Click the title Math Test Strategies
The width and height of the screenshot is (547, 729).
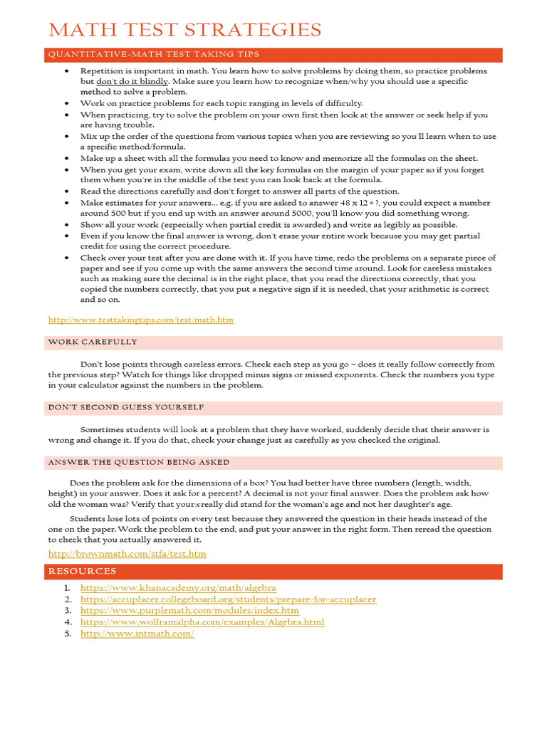184,30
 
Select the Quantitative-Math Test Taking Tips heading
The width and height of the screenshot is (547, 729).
154,54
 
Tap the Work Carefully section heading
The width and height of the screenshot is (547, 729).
93,342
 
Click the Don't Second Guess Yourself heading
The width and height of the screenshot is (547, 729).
126,407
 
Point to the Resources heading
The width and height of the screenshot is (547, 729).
83,571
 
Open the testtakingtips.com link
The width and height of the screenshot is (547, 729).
140,320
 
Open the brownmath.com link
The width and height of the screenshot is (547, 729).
127,553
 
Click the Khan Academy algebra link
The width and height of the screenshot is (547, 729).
178,588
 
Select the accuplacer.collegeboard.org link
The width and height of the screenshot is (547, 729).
228,599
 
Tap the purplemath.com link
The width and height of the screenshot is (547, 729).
189,611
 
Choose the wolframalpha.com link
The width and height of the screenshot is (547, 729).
202,622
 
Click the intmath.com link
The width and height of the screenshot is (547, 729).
137,634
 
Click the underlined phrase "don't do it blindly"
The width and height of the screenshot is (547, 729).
132,82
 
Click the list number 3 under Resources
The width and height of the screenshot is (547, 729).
68,611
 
